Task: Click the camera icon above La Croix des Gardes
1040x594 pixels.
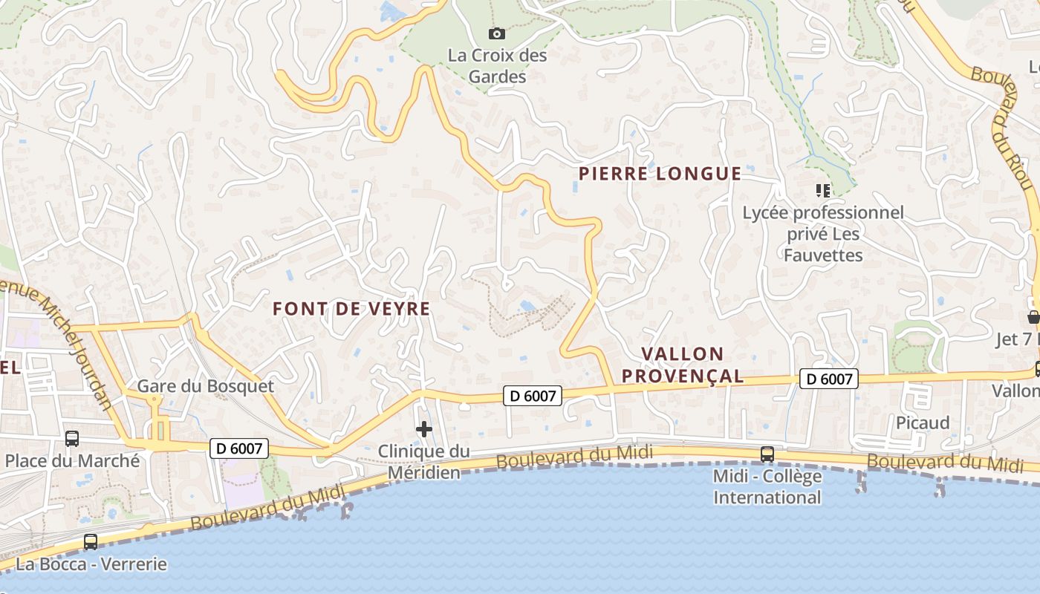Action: point(497,33)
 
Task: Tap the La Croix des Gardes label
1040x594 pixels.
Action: point(497,65)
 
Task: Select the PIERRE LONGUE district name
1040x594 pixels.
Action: point(660,174)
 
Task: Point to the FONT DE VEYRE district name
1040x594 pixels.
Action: point(351,309)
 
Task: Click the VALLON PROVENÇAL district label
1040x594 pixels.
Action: point(682,365)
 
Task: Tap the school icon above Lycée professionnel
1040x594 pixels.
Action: point(822,191)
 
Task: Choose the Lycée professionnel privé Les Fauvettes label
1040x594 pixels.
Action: point(824,234)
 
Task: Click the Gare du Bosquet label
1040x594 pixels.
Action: point(206,386)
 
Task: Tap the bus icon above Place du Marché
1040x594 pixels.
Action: point(72,438)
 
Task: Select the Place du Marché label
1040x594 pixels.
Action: point(72,460)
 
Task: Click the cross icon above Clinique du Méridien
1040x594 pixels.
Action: point(424,428)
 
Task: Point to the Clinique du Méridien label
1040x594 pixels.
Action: point(424,461)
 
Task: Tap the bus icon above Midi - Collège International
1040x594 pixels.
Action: point(767,454)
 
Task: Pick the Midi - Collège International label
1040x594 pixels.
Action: point(767,486)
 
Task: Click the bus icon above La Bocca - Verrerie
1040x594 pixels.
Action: point(91,542)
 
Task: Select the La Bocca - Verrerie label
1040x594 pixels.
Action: point(91,564)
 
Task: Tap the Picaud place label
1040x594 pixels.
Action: point(923,422)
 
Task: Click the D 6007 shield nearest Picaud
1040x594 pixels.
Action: point(829,379)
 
